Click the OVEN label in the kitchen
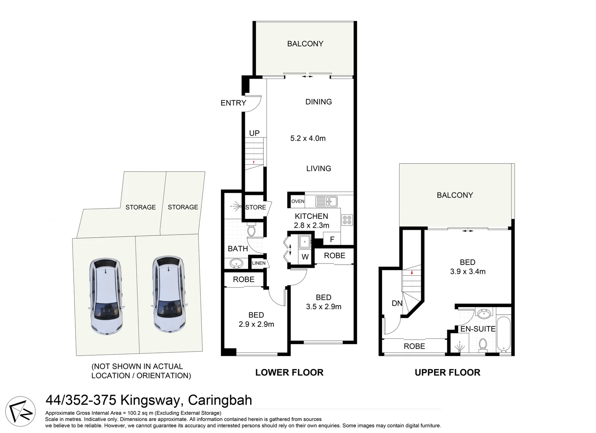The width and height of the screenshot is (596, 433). [x=298, y=201]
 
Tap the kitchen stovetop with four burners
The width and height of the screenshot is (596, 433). [x=347, y=220]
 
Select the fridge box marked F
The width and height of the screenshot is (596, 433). [x=332, y=239]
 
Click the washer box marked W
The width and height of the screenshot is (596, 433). [x=305, y=257]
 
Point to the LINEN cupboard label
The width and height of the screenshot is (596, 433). [x=259, y=263]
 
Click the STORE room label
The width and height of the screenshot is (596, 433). [x=256, y=207]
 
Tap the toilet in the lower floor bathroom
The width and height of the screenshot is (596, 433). [x=251, y=230]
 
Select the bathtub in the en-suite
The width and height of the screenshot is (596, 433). [x=504, y=334]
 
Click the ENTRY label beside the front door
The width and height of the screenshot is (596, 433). [x=233, y=103]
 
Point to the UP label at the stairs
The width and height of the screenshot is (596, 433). [x=255, y=133]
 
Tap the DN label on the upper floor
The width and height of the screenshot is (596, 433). [x=397, y=303]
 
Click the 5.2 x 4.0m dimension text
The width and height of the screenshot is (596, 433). [x=308, y=138]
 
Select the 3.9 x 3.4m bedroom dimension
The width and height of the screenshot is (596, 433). [x=468, y=271]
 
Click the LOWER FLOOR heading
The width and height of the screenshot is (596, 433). [x=289, y=372]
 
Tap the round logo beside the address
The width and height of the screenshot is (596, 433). [x=20, y=411]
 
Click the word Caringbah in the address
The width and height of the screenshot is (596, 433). [x=220, y=400]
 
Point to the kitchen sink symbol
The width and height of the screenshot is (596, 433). [x=326, y=201]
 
